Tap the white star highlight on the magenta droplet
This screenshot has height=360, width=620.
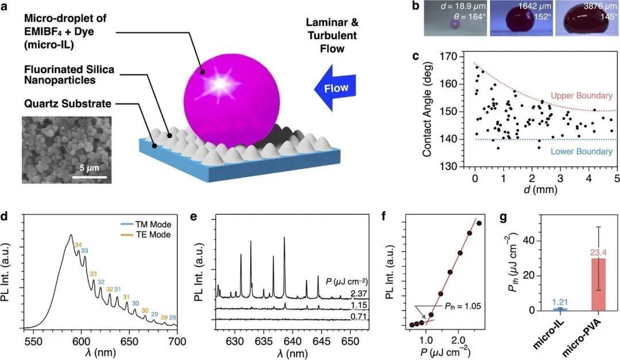click(x=220, y=84)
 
